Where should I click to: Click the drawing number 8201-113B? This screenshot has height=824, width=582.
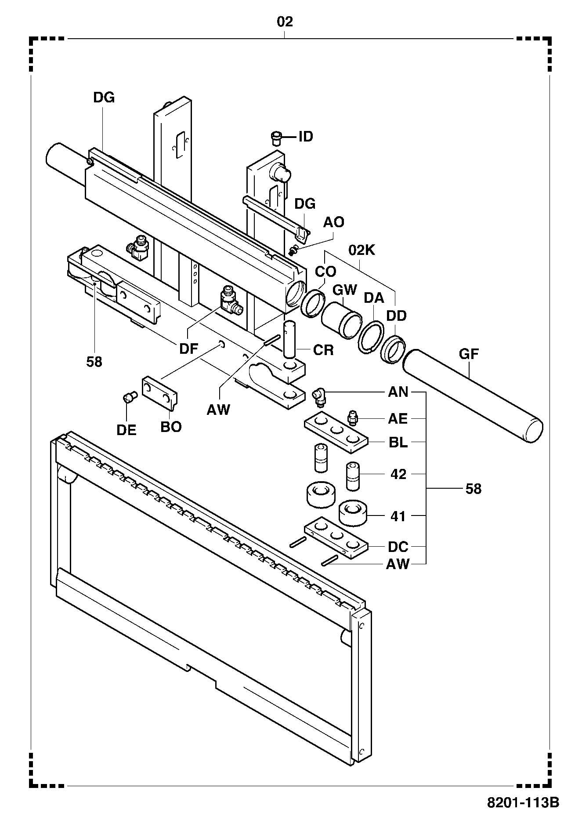(x=523, y=802)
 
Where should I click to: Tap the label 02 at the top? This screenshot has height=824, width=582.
(x=285, y=22)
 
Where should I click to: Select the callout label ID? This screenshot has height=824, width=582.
(x=306, y=137)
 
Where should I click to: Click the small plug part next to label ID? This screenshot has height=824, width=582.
(x=276, y=138)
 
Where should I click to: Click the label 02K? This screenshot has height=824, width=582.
(x=361, y=250)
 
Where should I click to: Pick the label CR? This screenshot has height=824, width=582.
(x=323, y=350)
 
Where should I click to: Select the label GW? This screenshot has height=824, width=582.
(x=344, y=290)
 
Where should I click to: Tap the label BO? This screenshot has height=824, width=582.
(x=171, y=427)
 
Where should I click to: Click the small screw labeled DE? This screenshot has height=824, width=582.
(x=129, y=397)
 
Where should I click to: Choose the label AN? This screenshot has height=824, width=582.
(x=398, y=392)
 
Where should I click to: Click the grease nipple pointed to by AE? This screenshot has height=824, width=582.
(x=353, y=417)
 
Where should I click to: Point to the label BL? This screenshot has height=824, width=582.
(x=398, y=442)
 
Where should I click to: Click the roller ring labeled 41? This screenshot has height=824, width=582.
(x=353, y=513)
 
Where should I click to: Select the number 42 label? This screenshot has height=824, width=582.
(x=398, y=474)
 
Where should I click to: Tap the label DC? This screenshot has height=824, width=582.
(x=398, y=547)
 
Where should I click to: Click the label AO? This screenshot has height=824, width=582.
(x=334, y=222)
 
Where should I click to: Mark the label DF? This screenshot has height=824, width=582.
(x=189, y=348)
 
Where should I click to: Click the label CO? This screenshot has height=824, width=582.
(x=325, y=271)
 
